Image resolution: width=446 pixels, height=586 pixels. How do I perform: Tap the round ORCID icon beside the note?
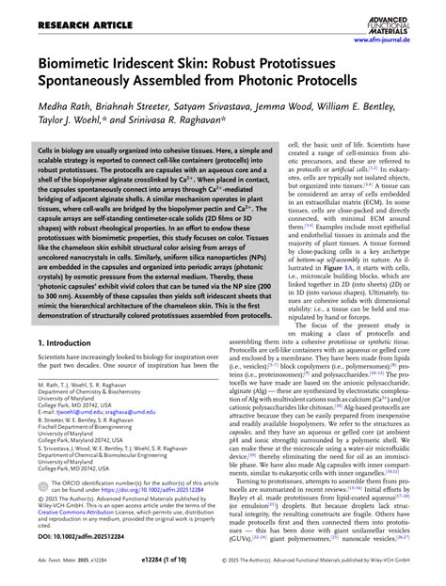pos(42,509)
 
